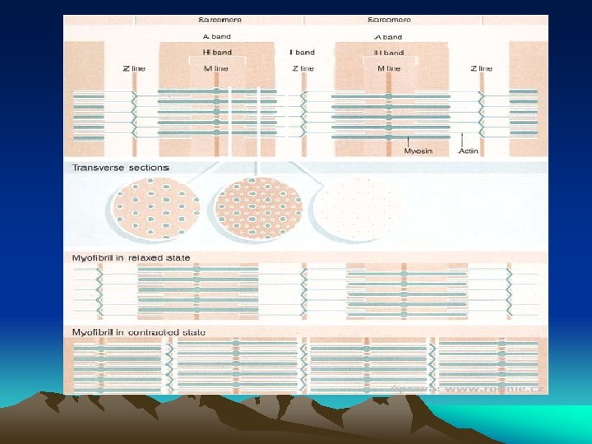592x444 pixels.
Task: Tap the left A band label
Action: [x=217, y=37]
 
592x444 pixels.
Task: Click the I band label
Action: [x=303, y=53]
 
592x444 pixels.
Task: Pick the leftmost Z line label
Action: [x=134, y=68]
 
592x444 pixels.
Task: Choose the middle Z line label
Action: [x=303, y=68]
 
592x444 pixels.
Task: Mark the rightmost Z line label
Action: [x=483, y=68]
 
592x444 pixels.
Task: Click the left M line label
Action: [x=217, y=68]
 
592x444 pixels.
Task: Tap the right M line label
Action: [x=389, y=68]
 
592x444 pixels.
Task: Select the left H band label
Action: [x=217, y=53]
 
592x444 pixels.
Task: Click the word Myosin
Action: [x=418, y=151]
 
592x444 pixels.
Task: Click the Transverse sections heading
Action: [x=120, y=168]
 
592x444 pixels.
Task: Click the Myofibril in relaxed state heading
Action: [x=132, y=258]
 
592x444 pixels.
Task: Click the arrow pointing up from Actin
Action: [x=464, y=139]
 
